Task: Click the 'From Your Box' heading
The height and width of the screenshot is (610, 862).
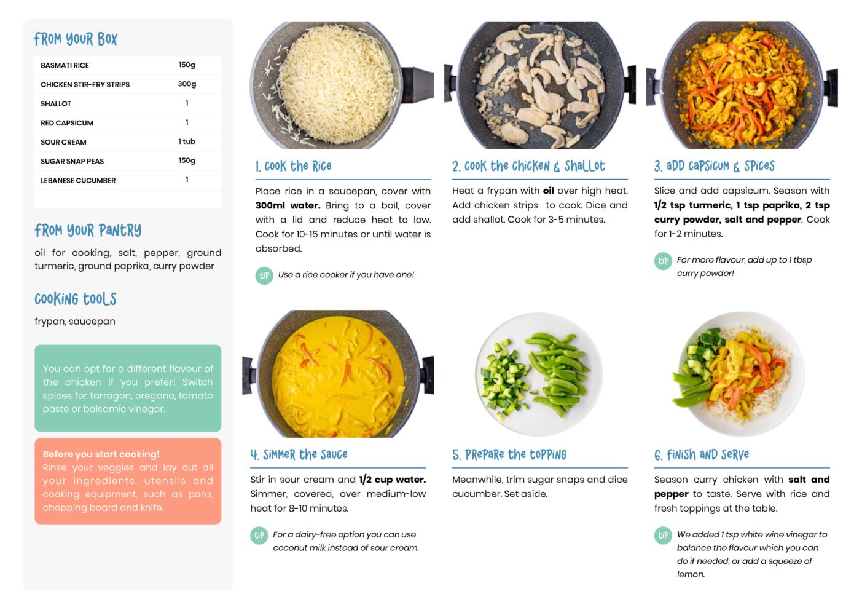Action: (76, 39)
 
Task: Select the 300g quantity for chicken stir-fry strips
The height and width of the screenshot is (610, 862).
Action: (187, 84)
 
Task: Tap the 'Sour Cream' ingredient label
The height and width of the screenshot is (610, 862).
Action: (63, 142)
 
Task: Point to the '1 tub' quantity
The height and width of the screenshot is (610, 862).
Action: (187, 141)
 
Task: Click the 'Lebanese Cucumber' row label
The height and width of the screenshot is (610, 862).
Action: (78, 181)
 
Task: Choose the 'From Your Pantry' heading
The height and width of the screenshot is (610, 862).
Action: (88, 231)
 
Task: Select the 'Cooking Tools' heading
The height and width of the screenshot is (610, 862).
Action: (76, 299)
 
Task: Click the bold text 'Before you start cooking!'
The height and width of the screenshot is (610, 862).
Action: (101, 454)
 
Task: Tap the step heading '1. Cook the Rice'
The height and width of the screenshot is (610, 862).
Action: (293, 166)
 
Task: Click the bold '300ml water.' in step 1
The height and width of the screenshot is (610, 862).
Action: (288, 205)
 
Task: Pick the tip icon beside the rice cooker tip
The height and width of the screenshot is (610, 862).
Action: (264, 275)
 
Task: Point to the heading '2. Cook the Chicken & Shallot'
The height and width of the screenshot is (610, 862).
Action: (528, 166)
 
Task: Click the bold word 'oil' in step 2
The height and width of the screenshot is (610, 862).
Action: (549, 191)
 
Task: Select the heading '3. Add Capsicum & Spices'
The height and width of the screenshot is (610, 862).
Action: (714, 166)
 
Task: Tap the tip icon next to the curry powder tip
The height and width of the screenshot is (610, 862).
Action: (663, 261)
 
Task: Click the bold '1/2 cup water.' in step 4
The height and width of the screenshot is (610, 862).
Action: (393, 480)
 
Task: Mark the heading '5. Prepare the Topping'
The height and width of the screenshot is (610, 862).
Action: (509, 454)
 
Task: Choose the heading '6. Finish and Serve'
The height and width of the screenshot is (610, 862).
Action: (702, 454)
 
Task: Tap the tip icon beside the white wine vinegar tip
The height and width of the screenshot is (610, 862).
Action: (663, 536)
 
